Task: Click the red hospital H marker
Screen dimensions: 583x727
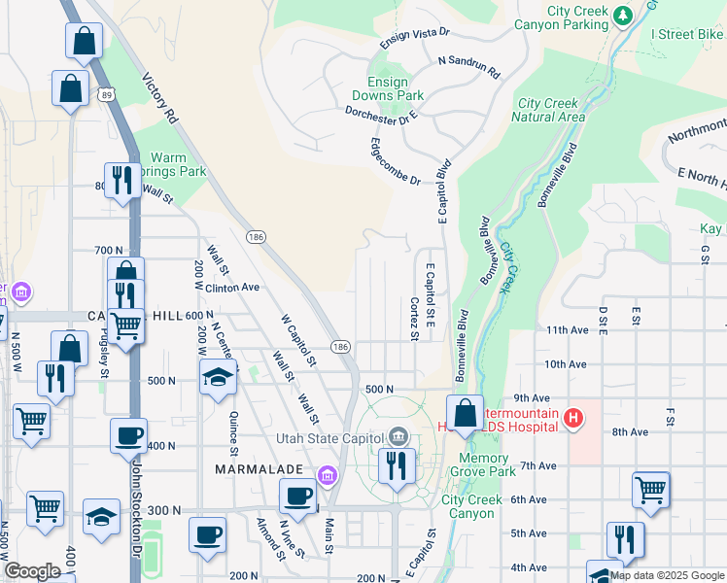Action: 574,420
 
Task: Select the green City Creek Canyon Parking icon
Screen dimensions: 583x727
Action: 623,16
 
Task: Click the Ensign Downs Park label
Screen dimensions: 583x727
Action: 396,89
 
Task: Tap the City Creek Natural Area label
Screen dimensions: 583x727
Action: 551,110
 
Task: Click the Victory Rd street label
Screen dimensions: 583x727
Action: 158,98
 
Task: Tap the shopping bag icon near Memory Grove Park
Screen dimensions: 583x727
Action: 466,412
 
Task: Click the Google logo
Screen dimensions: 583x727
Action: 32,571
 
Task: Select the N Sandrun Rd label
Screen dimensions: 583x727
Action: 468,66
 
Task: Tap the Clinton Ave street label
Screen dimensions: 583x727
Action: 231,288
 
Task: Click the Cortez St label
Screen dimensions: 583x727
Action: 414,319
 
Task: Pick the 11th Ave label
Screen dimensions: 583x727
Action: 568,330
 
